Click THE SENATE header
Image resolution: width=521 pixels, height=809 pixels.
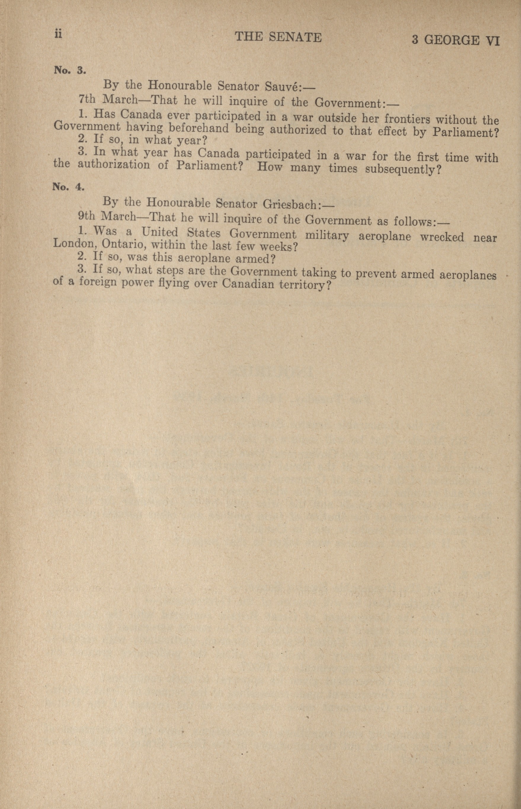pyautogui.click(x=278, y=37)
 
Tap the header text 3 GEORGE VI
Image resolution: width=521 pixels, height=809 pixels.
pyautogui.click(x=455, y=41)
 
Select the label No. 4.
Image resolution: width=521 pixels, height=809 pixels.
pyautogui.click(x=68, y=187)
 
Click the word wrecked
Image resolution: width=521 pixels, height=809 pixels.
pyautogui.click(x=442, y=237)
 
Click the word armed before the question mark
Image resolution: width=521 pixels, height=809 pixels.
pyautogui.click(x=251, y=259)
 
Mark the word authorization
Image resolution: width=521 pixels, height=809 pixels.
pyautogui.click(x=114, y=165)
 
